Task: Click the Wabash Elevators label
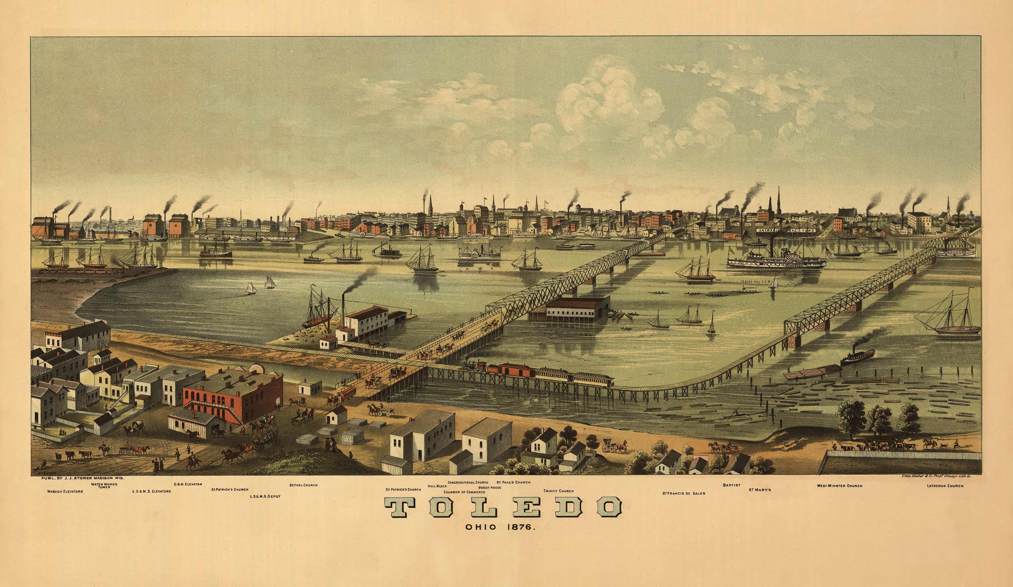tap(65, 491)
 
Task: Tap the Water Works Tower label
tap(104, 486)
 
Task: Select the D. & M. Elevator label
tap(188, 485)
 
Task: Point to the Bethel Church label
tap(304, 485)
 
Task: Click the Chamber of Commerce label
tap(464, 492)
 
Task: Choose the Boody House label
tap(490, 487)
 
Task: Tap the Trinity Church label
tap(558, 491)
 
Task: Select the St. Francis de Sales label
tap(684, 493)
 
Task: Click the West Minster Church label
tap(840, 486)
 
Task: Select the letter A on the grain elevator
tap(176, 226)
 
